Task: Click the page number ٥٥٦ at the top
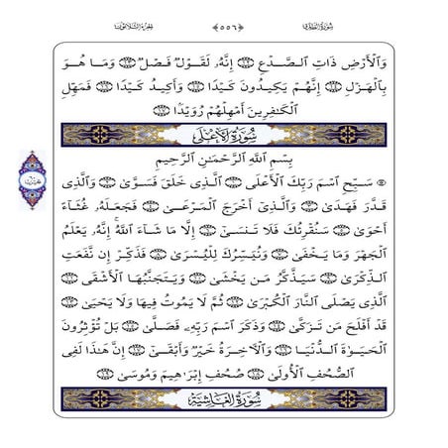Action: point(226,18)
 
